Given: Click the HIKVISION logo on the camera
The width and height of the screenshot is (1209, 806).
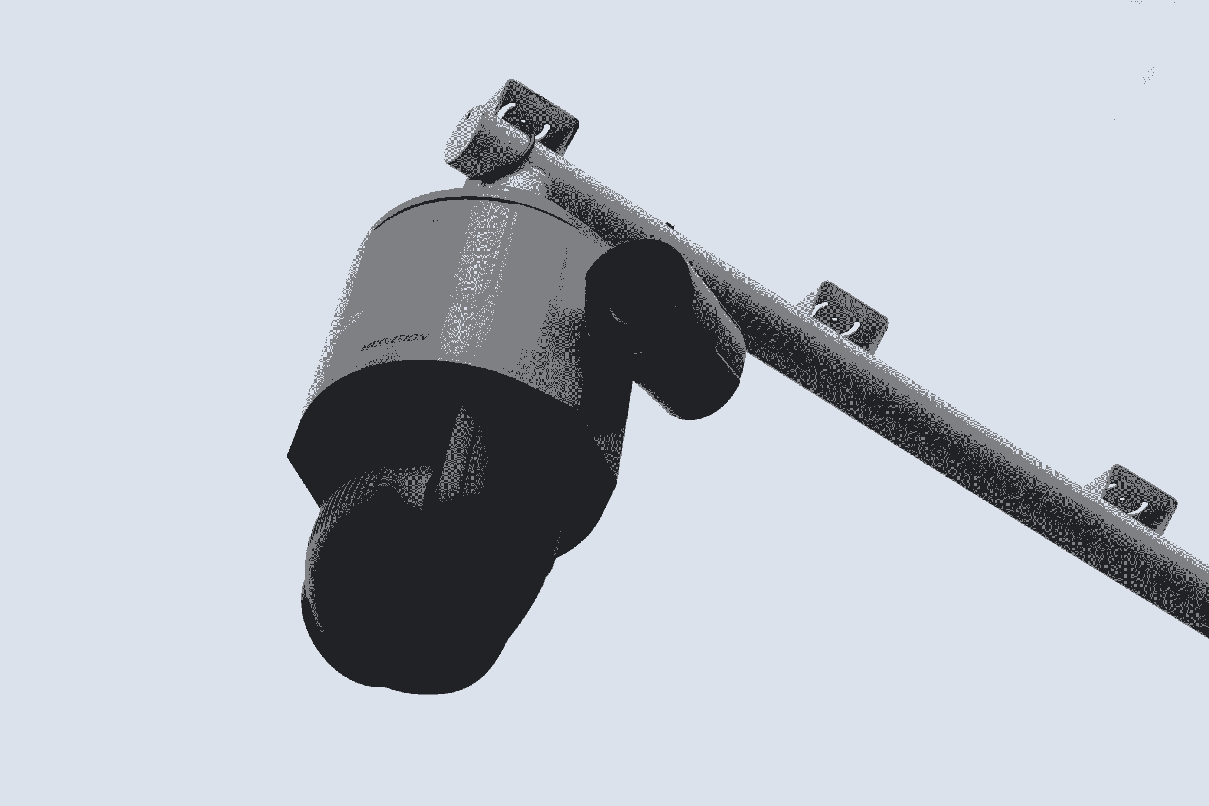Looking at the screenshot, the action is [394, 344].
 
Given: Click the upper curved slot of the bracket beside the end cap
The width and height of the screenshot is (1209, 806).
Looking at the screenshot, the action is [508, 109].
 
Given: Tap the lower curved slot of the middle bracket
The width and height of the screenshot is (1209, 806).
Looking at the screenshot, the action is [849, 329].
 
